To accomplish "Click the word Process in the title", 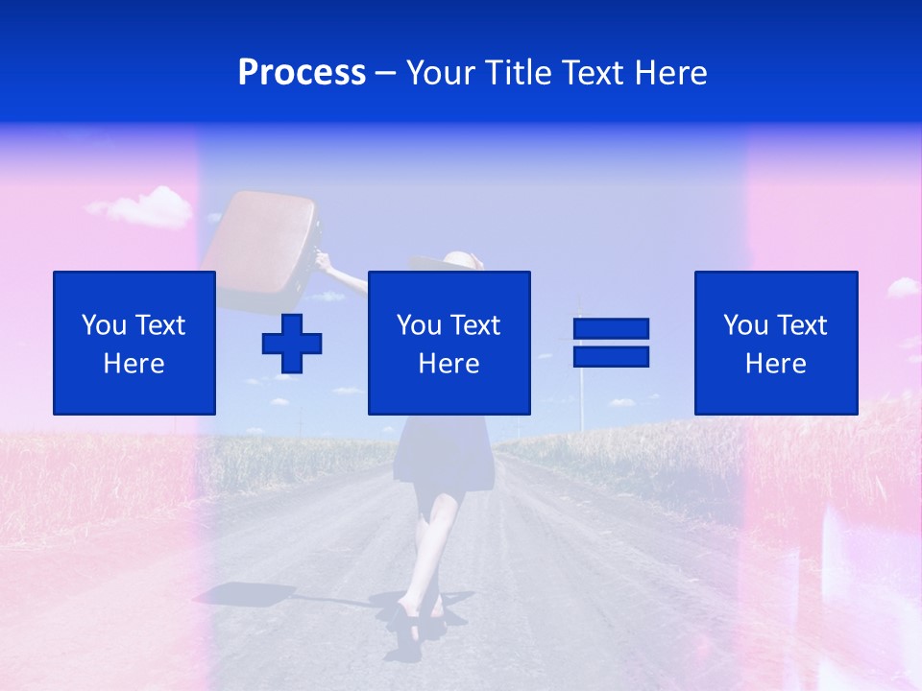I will (x=302, y=73).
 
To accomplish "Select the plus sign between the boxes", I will (x=292, y=344).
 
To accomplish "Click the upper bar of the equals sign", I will (x=611, y=329).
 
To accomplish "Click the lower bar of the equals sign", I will (x=611, y=357).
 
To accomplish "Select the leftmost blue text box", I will (x=133, y=343).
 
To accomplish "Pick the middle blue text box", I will (x=449, y=343).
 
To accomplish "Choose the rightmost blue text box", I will (x=776, y=343).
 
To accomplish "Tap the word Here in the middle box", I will (x=449, y=364).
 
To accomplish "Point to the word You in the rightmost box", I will (x=745, y=325).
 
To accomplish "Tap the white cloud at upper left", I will (x=144, y=206).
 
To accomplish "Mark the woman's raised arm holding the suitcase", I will (x=344, y=274).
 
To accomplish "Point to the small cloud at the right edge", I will (x=903, y=287).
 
